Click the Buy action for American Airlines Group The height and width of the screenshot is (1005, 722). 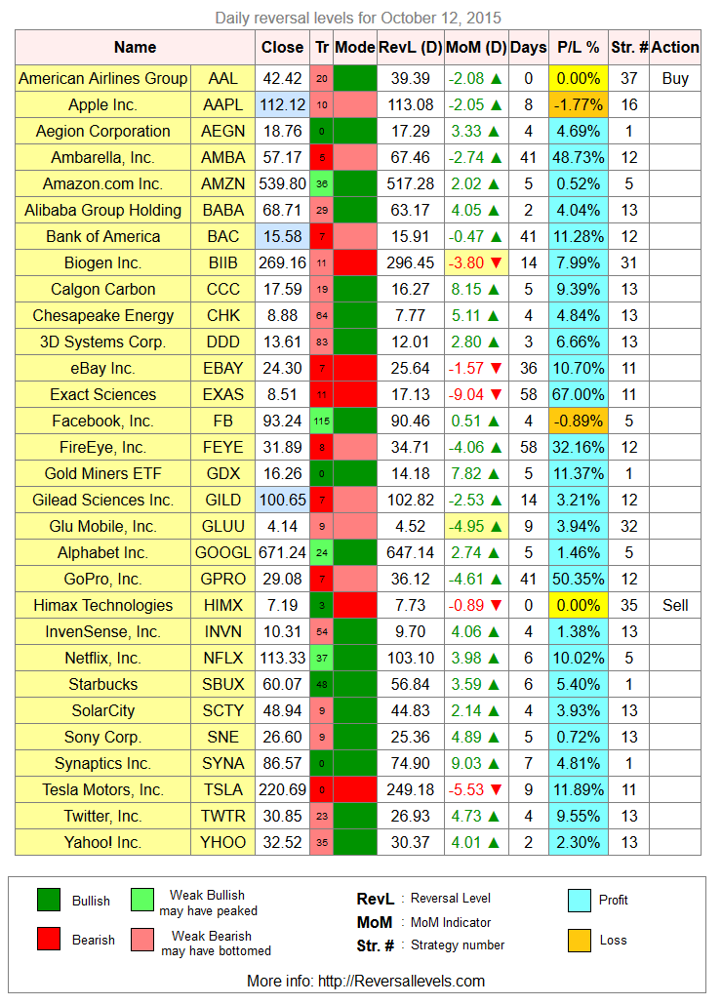(675, 78)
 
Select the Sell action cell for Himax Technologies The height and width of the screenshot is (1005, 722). (675, 605)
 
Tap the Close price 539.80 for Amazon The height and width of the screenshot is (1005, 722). (283, 184)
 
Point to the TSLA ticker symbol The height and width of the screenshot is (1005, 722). (223, 789)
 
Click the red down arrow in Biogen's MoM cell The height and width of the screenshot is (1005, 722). (496, 262)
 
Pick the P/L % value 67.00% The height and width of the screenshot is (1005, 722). (579, 394)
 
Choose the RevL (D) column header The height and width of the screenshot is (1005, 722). (411, 48)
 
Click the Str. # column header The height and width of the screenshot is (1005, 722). (629, 48)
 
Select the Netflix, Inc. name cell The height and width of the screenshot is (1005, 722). (102, 659)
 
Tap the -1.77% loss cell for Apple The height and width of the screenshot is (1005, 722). (579, 104)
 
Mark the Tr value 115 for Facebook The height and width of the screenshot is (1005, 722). (322, 422)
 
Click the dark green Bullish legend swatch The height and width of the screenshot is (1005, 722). (49, 900)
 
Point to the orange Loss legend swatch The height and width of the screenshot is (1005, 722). (580, 941)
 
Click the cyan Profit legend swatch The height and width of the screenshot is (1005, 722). (580, 900)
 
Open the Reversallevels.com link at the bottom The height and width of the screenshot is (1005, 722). (401, 982)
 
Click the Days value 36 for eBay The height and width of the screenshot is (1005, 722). (529, 368)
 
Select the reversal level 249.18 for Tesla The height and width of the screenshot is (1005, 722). (411, 789)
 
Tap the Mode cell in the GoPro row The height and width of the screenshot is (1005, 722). (355, 579)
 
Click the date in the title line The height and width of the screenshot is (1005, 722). (441, 18)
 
